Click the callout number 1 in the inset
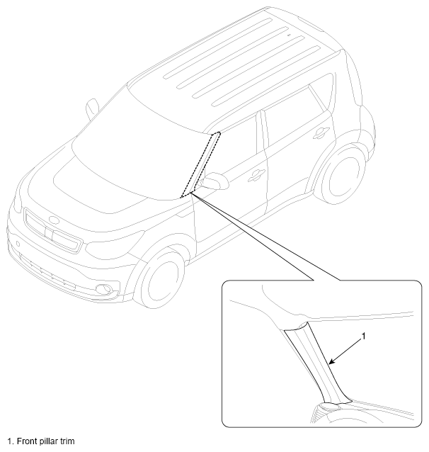click(363, 336)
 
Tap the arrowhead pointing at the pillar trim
click(331, 361)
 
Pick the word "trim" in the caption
click(67, 441)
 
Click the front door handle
click(256, 175)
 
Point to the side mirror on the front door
click(214, 181)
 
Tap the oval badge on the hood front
click(54, 220)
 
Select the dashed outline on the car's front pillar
click(200, 164)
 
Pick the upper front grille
click(52, 231)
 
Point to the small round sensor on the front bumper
click(18, 244)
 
